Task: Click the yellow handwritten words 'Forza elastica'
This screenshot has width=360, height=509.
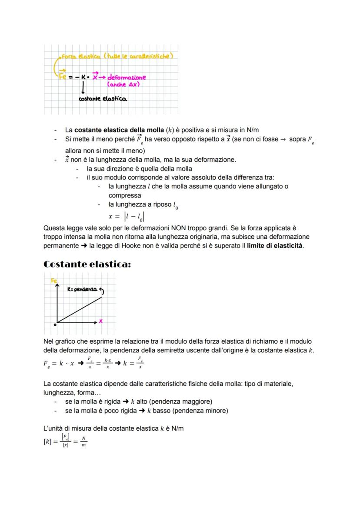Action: [75, 56]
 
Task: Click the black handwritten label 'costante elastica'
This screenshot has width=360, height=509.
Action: [103, 99]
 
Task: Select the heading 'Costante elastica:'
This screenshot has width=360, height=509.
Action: [87, 264]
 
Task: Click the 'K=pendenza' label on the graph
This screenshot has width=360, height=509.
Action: [82, 289]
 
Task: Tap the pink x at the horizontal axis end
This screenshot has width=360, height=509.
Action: [101, 321]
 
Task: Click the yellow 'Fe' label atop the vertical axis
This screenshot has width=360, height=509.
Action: [54, 281]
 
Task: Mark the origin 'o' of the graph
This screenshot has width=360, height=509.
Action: [55, 324]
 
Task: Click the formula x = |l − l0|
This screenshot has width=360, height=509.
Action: [126, 216]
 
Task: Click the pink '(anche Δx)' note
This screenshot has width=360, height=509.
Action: [123, 84]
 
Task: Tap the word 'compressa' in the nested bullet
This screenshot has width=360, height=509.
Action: [125, 195]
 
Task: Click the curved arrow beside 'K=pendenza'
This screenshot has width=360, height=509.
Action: [101, 289]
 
